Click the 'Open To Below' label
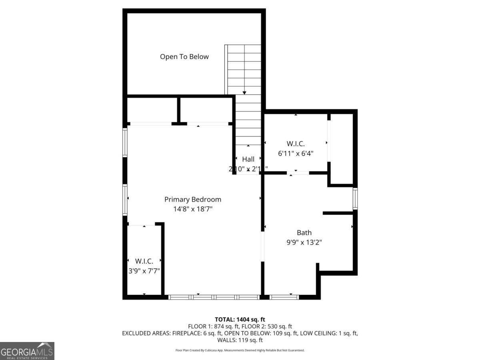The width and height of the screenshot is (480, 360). [x=184, y=57]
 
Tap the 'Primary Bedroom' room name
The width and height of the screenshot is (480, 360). [x=192, y=199]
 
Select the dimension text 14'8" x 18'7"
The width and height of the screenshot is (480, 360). [x=192, y=209]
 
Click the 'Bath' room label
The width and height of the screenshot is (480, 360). [x=304, y=232]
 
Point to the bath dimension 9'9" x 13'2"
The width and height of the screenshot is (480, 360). [x=304, y=242]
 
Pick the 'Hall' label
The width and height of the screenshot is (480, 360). [x=248, y=159]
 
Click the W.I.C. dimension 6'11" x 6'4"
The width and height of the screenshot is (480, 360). [x=296, y=153]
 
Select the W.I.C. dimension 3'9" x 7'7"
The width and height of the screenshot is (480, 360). [x=144, y=270]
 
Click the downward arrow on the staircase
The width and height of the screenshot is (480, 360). [x=244, y=93]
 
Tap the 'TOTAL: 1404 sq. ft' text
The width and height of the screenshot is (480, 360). [x=240, y=319]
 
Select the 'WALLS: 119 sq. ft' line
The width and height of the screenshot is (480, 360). [x=240, y=340]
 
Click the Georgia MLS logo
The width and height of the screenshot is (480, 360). [x=27, y=351]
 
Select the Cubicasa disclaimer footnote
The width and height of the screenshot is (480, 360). [x=240, y=350]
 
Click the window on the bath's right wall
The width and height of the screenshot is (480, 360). [x=355, y=199]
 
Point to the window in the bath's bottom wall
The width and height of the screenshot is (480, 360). [x=284, y=297]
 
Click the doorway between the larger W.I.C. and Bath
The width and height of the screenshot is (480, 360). [x=298, y=173]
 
